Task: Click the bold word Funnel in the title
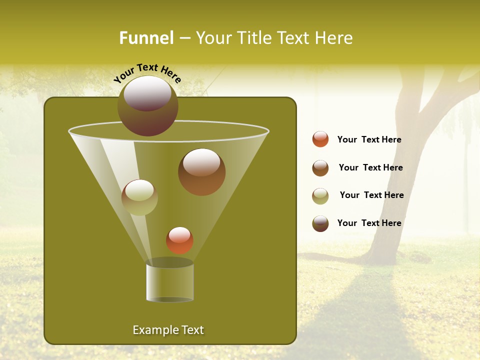(x=146, y=38)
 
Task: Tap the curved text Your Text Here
(x=147, y=73)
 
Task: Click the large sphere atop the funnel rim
(x=147, y=105)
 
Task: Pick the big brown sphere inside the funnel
(x=201, y=171)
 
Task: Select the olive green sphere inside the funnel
(x=139, y=197)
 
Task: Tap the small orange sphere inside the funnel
(x=179, y=240)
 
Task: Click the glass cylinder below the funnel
(x=170, y=282)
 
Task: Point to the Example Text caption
(x=168, y=330)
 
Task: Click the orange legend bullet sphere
(x=320, y=139)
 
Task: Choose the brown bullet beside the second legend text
(x=320, y=167)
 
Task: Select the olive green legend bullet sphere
(x=320, y=195)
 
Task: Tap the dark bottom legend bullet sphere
(x=320, y=223)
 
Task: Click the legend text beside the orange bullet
(x=369, y=140)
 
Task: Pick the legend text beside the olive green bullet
(x=371, y=195)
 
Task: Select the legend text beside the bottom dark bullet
(x=369, y=223)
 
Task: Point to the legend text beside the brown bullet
(x=370, y=167)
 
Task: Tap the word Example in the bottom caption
(x=151, y=330)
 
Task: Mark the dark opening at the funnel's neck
(x=170, y=262)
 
